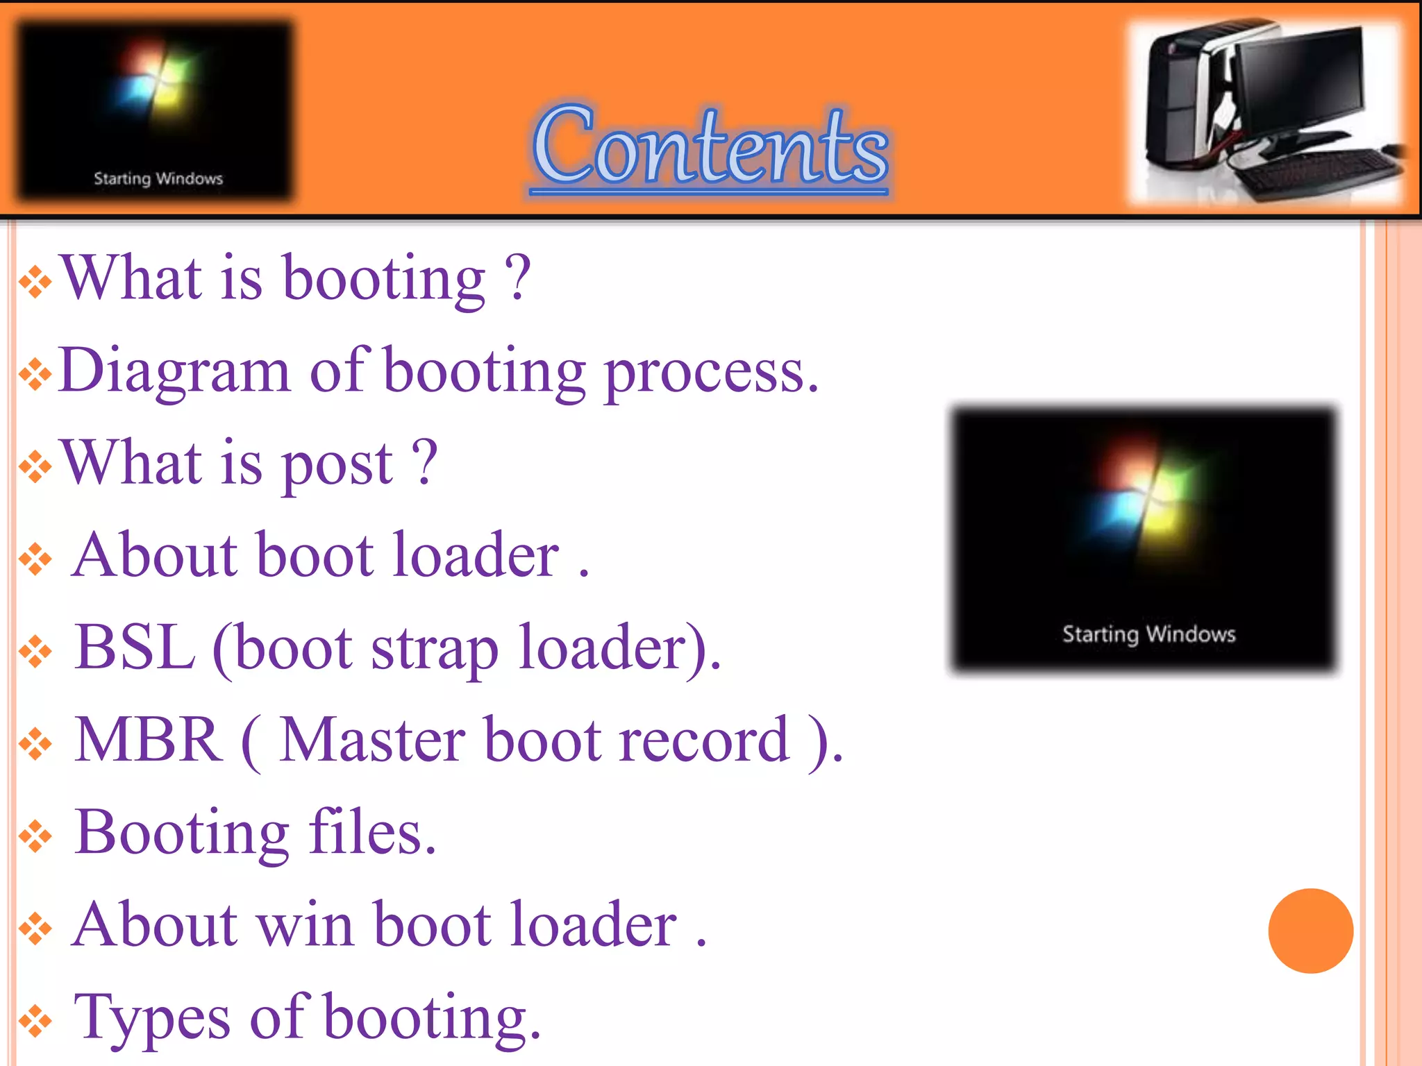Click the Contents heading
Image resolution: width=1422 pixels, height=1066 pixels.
click(x=710, y=146)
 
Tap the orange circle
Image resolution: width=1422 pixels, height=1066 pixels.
click(x=1310, y=931)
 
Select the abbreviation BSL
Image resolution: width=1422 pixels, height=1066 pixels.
click(x=135, y=647)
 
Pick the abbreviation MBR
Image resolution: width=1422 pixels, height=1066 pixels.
click(x=148, y=740)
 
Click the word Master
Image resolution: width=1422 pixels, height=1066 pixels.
click(x=372, y=740)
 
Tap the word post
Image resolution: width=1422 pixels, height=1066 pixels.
click(x=337, y=465)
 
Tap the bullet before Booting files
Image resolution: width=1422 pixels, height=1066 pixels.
click(x=35, y=836)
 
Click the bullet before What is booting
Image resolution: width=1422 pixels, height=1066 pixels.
click(x=35, y=282)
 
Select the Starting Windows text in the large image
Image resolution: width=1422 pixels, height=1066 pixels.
click(x=1148, y=634)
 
